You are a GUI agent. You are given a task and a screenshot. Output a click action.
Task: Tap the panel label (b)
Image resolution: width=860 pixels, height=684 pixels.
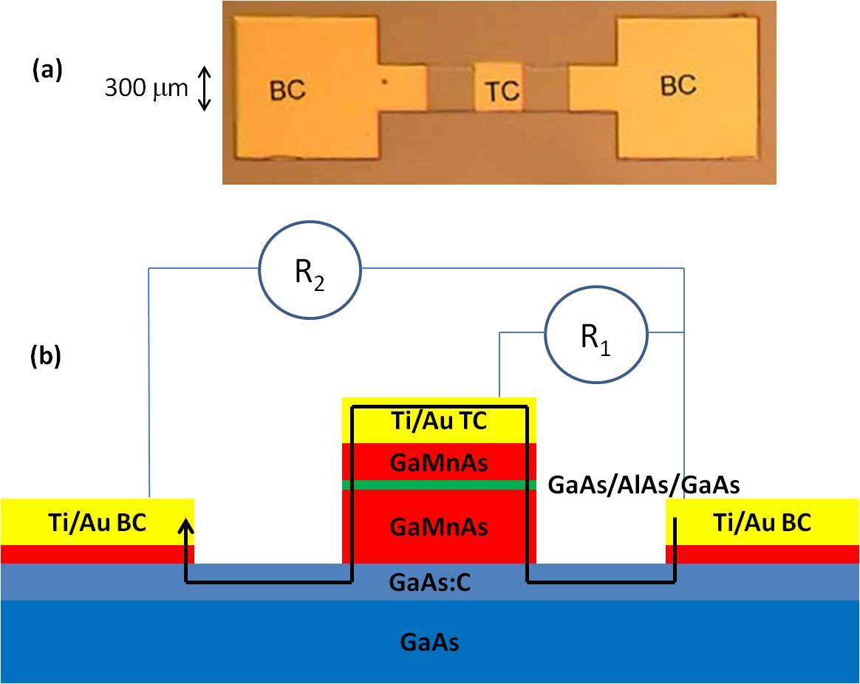[45, 357]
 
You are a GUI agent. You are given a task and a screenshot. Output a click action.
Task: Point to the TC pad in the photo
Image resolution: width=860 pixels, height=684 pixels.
[502, 90]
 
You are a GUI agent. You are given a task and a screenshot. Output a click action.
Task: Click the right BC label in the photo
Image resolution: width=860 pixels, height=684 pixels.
[678, 85]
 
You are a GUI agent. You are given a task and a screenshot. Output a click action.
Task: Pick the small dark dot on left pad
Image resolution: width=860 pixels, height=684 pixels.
[383, 83]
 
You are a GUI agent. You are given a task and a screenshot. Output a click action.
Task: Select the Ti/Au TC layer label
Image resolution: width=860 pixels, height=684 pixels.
[440, 422]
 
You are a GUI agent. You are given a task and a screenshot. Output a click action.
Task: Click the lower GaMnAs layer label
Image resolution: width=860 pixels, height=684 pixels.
[439, 527]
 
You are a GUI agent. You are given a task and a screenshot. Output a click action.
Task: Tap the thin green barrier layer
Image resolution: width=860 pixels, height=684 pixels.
[439, 485]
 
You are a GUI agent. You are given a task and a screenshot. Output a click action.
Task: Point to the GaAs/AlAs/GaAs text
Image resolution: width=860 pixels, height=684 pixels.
[644, 485]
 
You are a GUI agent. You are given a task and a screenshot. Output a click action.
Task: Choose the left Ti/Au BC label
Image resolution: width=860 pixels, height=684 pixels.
[97, 522]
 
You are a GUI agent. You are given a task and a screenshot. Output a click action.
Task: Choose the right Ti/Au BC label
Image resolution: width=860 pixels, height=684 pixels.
[762, 522]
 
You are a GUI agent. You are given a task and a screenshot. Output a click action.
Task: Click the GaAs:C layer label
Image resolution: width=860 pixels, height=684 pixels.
[429, 583]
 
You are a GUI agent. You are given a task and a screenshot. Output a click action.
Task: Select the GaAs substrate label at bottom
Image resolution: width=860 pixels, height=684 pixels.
[429, 642]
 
